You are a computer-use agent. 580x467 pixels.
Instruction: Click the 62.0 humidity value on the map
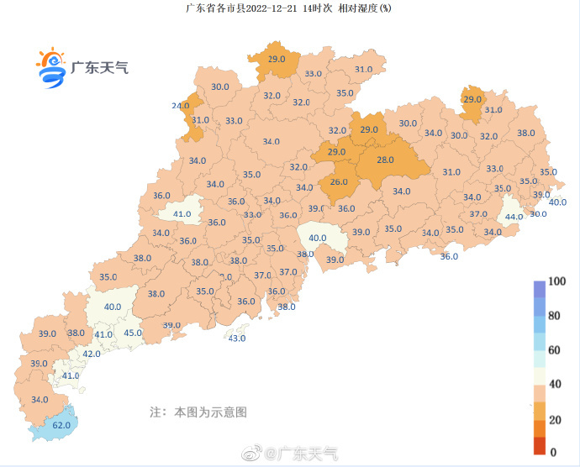pos(61,425)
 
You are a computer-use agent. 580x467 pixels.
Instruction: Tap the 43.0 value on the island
pos(237,338)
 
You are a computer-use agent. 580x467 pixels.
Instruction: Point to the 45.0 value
pos(133,333)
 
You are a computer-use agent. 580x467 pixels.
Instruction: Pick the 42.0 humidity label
pos(91,354)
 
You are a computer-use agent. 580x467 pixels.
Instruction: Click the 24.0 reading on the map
pos(181,106)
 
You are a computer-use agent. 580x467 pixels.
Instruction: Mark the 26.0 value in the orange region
pos(339,182)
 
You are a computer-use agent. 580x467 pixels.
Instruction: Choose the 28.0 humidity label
pos(385,160)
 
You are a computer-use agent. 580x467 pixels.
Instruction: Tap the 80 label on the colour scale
pos(554,316)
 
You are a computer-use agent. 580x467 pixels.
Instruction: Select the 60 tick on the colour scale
pos(554,349)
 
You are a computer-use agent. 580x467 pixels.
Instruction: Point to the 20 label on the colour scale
pos(554,417)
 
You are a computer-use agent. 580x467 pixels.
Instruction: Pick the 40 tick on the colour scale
pos(554,384)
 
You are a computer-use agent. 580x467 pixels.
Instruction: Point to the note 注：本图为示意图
pos(198,412)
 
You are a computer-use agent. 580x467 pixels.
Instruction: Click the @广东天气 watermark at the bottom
pos(302,454)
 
